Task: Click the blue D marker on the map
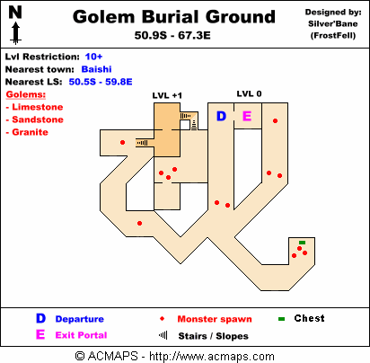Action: click(221, 116)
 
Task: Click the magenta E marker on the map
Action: click(247, 116)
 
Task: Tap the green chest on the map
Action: click(302, 243)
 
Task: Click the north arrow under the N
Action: click(15, 34)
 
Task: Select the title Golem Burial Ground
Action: click(174, 17)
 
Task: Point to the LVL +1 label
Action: click(167, 95)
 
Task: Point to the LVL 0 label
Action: click(249, 93)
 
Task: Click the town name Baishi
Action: click(96, 69)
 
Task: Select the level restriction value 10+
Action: click(93, 57)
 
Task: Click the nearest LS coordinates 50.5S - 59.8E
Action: click(101, 82)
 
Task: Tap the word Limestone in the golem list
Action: click(38, 107)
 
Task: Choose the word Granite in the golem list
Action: click(30, 132)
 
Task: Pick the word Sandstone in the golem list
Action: click(38, 120)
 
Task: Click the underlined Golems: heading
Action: click(26, 94)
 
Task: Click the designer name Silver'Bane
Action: click(333, 23)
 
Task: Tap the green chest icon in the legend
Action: click(281, 319)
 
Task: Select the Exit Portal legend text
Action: click(81, 335)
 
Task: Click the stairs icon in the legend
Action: click(163, 335)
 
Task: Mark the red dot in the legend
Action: click(162, 319)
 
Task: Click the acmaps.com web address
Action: click(212, 357)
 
